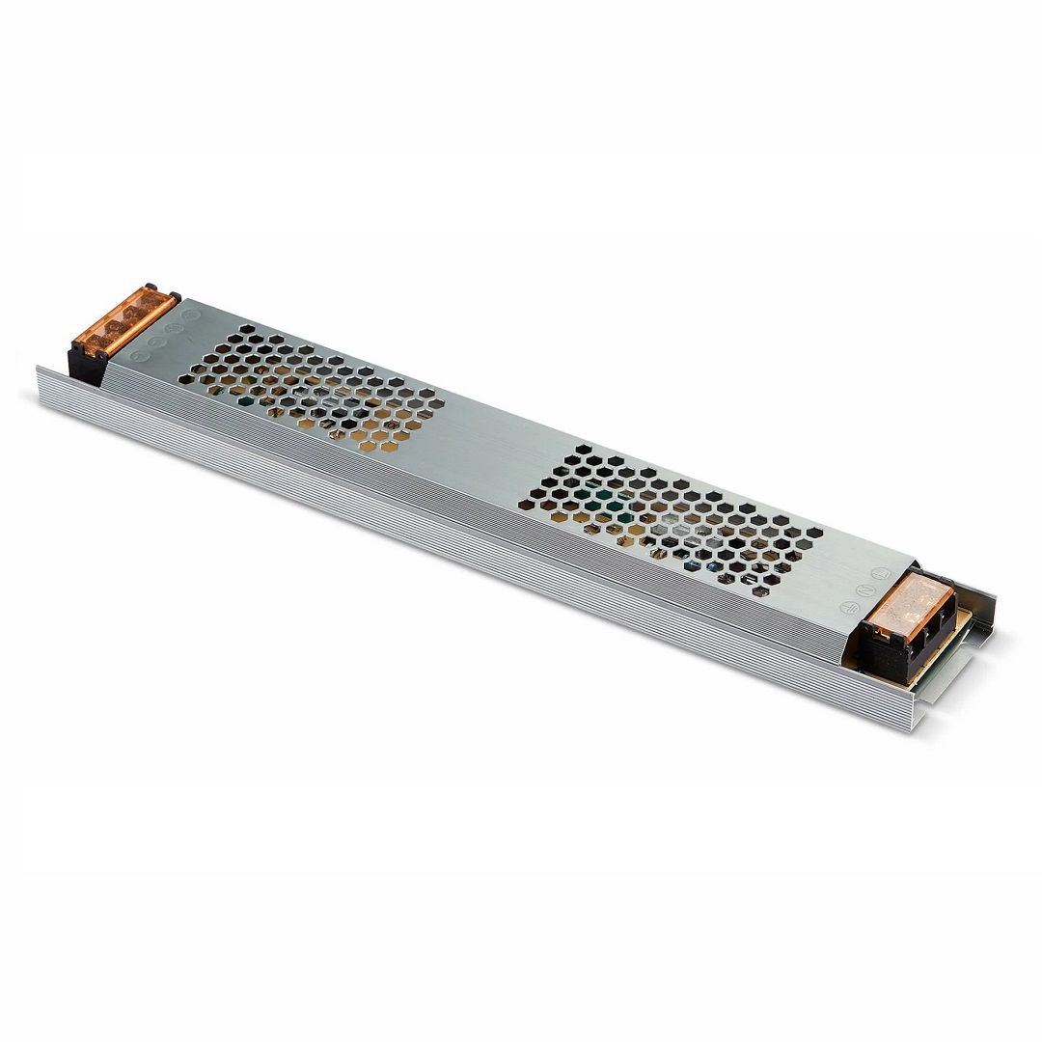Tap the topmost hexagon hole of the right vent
click(586, 450)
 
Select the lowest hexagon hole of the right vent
click(759, 590)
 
